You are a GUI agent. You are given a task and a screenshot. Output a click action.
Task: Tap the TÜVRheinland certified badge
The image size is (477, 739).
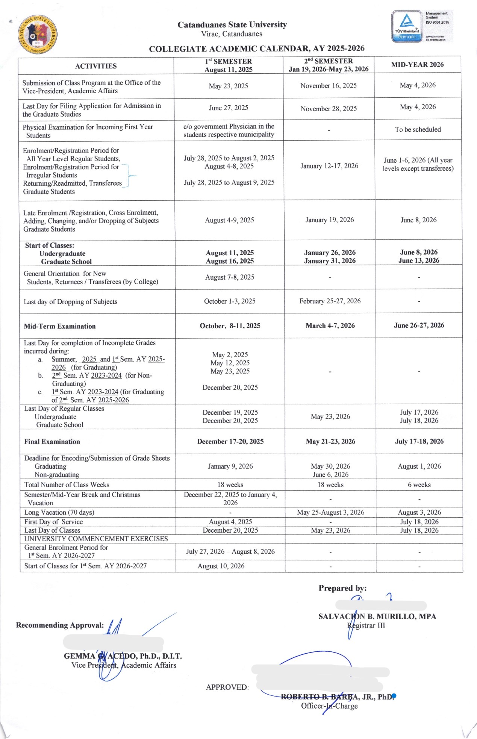point(407,26)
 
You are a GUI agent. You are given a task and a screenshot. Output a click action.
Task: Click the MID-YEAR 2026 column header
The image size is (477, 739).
point(417,65)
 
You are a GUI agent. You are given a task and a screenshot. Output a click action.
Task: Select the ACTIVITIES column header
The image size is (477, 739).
point(96,66)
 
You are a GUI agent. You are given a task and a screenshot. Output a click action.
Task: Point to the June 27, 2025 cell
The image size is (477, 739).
point(229,108)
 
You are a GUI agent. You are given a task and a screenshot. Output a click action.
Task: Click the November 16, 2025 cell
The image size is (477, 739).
point(329,86)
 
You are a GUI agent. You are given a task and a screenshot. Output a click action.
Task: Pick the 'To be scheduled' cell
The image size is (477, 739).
point(418,129)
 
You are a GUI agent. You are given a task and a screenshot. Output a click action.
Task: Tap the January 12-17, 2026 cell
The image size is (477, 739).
point(329,166)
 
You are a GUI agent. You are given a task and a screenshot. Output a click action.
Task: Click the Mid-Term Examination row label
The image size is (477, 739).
point(60,326)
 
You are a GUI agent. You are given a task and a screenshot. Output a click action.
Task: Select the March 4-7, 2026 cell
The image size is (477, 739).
point(330,326)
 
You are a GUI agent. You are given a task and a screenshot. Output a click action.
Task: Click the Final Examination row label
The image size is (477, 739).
point(52,442)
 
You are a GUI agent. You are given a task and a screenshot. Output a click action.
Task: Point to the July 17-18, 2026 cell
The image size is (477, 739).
point(419,441)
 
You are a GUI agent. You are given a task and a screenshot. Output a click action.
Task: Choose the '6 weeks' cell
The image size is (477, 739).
point(419,485)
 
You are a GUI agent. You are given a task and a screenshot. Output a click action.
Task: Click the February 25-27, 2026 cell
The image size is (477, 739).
point(330,301)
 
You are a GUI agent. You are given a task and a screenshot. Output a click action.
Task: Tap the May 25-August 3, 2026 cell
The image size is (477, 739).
point(330,512)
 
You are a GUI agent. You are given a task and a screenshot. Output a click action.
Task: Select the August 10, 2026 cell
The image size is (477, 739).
point(221,566)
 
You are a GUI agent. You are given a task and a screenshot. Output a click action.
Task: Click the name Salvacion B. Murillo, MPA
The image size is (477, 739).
point(377,616)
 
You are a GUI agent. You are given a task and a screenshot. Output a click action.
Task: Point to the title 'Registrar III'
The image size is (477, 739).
point(366,625)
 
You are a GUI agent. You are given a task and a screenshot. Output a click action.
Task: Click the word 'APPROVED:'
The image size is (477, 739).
point(227,687)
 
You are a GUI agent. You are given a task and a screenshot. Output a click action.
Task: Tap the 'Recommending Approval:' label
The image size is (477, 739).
point(60,625)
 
